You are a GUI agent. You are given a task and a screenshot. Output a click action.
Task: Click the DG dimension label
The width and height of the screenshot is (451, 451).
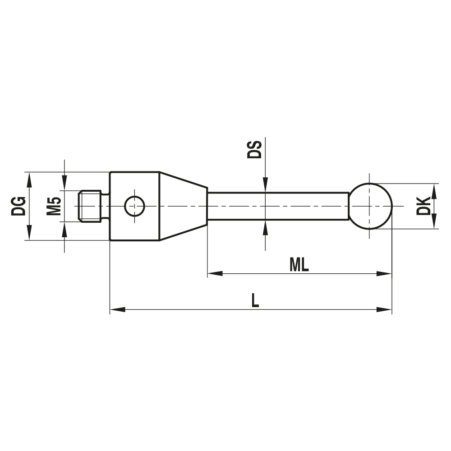coord(18,206)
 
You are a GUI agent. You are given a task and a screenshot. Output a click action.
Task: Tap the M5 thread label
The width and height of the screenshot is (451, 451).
coord(54,206)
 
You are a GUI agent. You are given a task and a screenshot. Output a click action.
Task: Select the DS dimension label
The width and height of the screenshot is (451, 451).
coord(254,150)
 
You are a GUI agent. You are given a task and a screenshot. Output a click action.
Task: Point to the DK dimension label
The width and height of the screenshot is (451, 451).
coord(423,206)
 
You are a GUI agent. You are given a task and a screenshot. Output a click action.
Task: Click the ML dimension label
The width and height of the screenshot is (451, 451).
coord(299,264)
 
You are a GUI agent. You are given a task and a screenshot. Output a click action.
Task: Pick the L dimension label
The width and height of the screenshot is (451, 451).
coord(255,300)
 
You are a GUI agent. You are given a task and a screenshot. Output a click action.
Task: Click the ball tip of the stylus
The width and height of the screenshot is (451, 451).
coord(370,206)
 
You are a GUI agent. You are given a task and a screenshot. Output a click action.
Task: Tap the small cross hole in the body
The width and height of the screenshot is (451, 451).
coord(134,206)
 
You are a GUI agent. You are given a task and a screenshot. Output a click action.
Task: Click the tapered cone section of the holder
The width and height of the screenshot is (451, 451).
coord(183,206)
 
